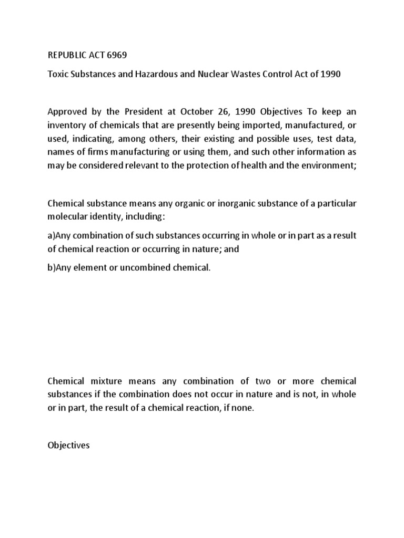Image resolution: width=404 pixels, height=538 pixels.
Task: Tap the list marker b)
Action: click(52, 267)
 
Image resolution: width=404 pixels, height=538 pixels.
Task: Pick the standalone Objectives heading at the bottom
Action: click(68, 445)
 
